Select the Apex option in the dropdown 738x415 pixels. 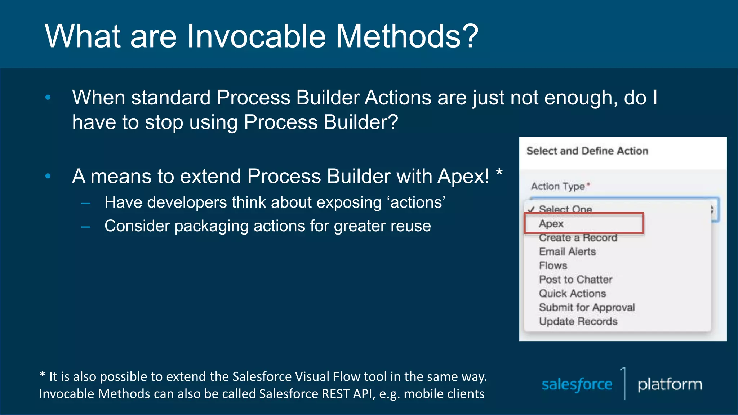[x=551, y=224]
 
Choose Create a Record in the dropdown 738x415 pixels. [x=578, y=238]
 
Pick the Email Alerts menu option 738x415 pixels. [x=567, y=251]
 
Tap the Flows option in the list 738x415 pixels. [x=553, y=265]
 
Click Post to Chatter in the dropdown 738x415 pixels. [x=575, y=280]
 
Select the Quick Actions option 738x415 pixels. [x=572, y=294]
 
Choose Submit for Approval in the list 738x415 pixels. [x=587, y=308]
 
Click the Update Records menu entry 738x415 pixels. [x=578, y=321]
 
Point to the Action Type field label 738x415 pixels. [x=558, y=186]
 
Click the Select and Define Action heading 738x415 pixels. [x=587, y=151]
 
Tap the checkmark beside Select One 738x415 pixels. [x=531, y=209]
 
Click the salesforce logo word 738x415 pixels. [x=577, y=385]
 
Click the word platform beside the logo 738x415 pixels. [x=670, y=385]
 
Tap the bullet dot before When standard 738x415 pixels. [x=48, y=97]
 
